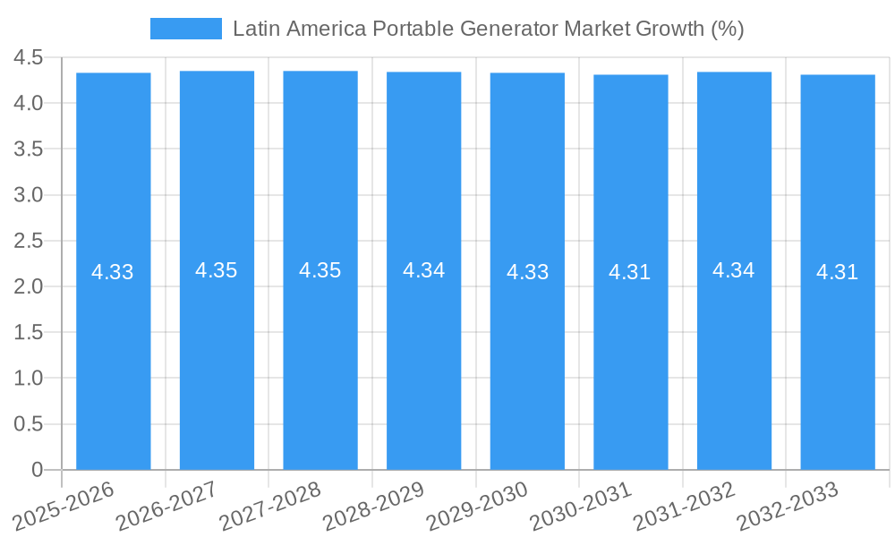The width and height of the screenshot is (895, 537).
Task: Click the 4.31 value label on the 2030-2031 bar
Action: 630,272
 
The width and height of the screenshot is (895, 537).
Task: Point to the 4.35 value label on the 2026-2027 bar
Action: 217,270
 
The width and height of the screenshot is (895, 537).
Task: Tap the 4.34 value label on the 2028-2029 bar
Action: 423,270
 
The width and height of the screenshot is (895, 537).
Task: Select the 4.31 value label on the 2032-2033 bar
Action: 838,272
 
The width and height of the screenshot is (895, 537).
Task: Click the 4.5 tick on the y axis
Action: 29,58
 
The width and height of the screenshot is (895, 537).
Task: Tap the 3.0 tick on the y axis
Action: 29,195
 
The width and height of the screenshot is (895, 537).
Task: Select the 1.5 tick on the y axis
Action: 29,333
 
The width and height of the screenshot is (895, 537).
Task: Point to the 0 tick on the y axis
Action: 37,470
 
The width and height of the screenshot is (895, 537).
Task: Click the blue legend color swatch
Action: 186,29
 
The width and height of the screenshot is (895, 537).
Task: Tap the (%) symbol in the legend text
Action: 728,29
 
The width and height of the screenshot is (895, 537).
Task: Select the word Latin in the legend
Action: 254,29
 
